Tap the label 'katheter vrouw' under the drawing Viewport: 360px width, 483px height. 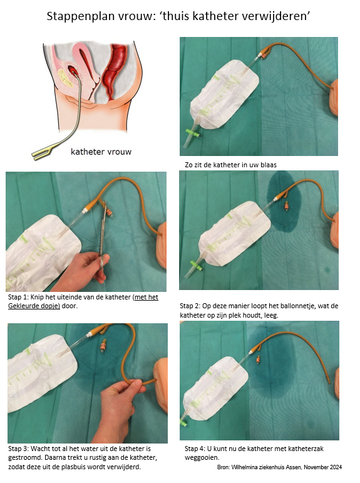(101, 152)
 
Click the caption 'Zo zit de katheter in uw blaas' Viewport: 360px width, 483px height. (230, 165)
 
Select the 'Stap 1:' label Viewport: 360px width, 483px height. (18, 297)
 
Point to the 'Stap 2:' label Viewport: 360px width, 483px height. (190, 306)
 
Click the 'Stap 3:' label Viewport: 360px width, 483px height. (19, 449)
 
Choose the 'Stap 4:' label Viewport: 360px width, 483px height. (195, 449)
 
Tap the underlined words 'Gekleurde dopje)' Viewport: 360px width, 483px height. (34, 306)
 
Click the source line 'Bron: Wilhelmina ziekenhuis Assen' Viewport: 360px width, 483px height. (260, 467)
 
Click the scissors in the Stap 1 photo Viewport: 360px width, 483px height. (103, 234)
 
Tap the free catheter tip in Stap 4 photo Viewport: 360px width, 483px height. (328, 382)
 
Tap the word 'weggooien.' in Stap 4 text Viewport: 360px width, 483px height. (202, 458)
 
